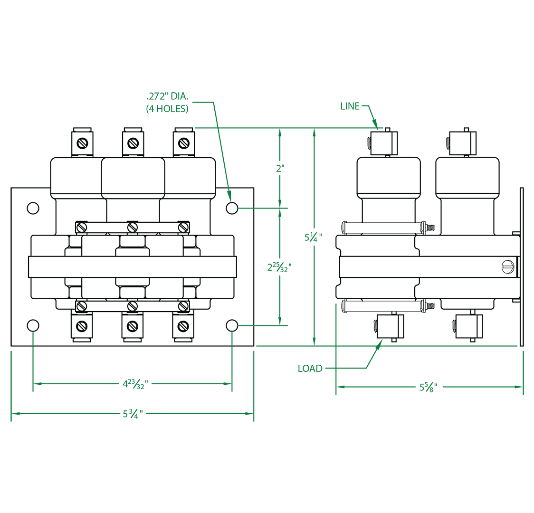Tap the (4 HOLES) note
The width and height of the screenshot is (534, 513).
click(167, 109)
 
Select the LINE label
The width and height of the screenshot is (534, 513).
click(350, 106)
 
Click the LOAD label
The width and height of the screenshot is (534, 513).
click(310, 368)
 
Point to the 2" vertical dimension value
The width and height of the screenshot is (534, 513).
click(280, 168)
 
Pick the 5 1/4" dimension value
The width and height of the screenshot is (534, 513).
click(314, 237)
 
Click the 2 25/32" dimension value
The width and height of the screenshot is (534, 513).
click(279, 267)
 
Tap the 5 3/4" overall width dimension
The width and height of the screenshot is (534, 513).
click(133, 414)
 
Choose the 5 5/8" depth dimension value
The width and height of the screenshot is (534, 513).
click(428, 387)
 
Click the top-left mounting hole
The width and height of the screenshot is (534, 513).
click(33, 208)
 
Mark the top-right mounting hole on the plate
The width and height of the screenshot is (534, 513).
click(231, 208)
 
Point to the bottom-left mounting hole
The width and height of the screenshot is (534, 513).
click(33, 325)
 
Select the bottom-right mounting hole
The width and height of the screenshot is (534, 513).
click(231, 325)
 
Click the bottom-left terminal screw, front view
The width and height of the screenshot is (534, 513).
click(82, 326)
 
